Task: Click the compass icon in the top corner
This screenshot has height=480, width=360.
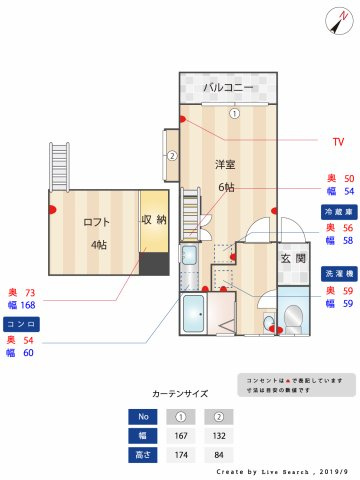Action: [336, 20]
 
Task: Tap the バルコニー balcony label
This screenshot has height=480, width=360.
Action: [226, 88]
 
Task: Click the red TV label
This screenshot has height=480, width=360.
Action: [337, 141]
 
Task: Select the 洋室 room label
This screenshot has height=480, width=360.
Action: [226, 163]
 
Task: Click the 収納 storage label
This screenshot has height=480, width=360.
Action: [153, 220]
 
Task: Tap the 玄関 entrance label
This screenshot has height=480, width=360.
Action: [292, 258]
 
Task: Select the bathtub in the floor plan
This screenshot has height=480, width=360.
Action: [194, 318]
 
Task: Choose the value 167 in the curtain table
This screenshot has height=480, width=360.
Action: [181, 435]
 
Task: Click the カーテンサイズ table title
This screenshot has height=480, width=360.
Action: [180, 394]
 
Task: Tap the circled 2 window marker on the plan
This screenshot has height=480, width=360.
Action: [172, 156]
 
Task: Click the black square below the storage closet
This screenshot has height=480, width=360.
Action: [153, 264]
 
